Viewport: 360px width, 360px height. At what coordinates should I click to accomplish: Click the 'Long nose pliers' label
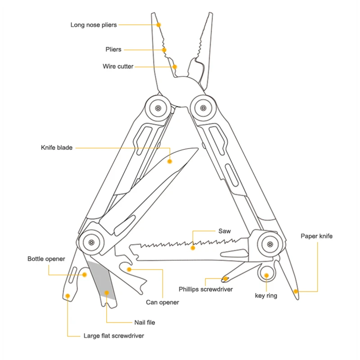pyautogui.click(x=93, y=25)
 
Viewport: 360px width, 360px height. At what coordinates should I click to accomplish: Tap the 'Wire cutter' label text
pyautogui.click(x=118, y=67)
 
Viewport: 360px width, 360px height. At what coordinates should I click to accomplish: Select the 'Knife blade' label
pyautogui.click(x=56, y=147)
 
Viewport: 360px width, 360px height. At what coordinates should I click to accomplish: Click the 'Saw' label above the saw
pyautogui.click(x=225, y=231)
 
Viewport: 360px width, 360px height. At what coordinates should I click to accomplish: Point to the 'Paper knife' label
pyautogui.click(x=316, y=236)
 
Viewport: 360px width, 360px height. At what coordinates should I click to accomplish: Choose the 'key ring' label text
pyautogui.click(x=266, y=296)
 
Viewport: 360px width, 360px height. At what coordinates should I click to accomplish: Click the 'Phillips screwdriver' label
pyautogui.click(x=206, y=289)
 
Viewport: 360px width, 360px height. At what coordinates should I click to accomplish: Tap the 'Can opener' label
pyautogui.click(x=162, y=302)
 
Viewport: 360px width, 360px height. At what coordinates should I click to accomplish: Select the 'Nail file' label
pyautogui.click(x=144, y=322)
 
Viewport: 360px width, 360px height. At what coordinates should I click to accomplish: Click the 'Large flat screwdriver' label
pyautogui.click(x=114, y=335)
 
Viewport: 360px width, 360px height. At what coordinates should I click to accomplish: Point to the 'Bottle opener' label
pyautogui.click(x=46, y=259)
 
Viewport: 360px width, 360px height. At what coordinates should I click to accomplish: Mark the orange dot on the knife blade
pyautogui.click(x=170, y=161)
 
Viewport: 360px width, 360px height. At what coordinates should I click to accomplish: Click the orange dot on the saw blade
pyautogui.click(x=193, y=247)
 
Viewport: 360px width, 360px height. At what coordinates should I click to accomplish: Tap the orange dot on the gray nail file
pyautogui.click(x=107, y=293)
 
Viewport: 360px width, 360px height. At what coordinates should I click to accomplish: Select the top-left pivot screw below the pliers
pyautogui.click(x=158, y=108)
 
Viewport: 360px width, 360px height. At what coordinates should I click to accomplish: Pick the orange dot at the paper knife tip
pyautogui.click(x=296, y=291)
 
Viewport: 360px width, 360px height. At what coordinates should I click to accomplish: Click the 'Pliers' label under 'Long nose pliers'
pyautogui.click(x=113, y=49)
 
